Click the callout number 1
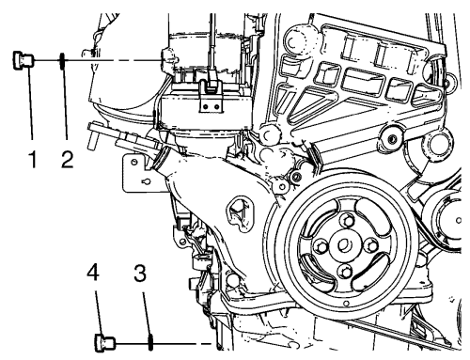click(33, 159)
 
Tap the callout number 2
click(67, 159)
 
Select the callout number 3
click(140, 273)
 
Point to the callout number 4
click(93, 272)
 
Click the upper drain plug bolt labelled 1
click(23, 60)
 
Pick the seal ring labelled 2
click(63, 60)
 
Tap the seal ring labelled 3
click(150, 343)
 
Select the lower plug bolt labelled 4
click(105, 343)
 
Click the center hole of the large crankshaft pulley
click(343, 244)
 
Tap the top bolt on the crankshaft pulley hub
click(347, 220)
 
